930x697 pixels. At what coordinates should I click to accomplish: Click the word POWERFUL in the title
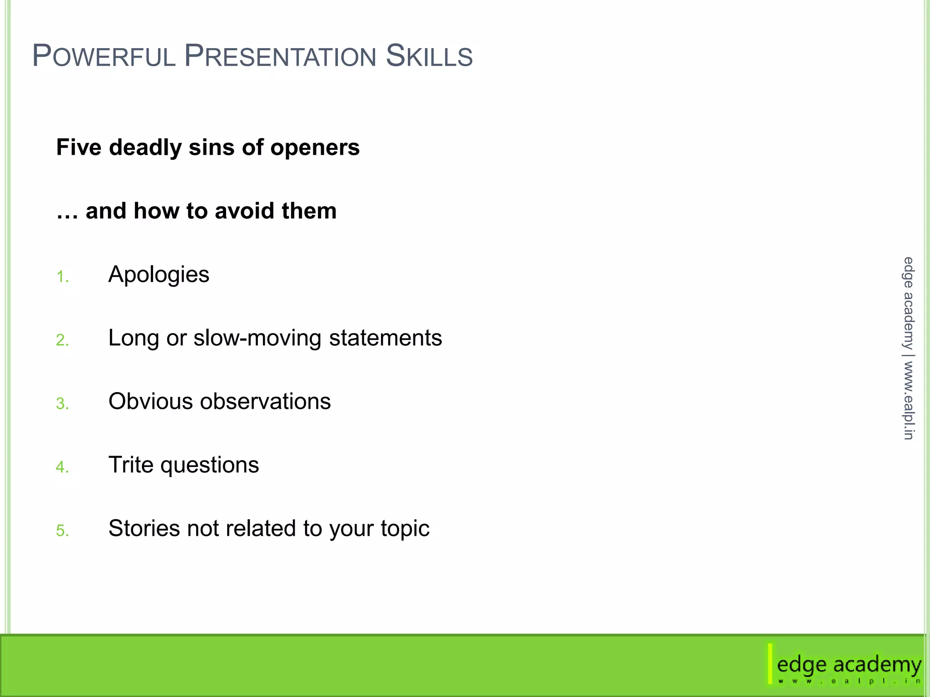point(104,56)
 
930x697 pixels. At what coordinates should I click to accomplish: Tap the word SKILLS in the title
point(429,56)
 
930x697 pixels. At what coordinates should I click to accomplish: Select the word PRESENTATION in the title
point(280,56)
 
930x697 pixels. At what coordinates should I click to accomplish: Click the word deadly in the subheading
point(145,147)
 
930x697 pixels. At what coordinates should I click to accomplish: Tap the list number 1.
point(62,276)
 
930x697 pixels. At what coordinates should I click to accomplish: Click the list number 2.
point(62,340)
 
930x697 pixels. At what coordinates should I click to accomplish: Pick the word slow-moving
point(257,338)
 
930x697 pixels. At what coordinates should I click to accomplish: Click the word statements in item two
point(385,338)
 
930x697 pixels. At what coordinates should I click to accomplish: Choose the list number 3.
point(62,403)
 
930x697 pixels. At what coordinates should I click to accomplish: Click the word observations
point(265,402)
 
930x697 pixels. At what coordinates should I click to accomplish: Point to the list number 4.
point(62,467)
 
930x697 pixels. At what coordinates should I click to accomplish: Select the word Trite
point(131,465)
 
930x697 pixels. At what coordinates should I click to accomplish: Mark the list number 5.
point(62,530)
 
